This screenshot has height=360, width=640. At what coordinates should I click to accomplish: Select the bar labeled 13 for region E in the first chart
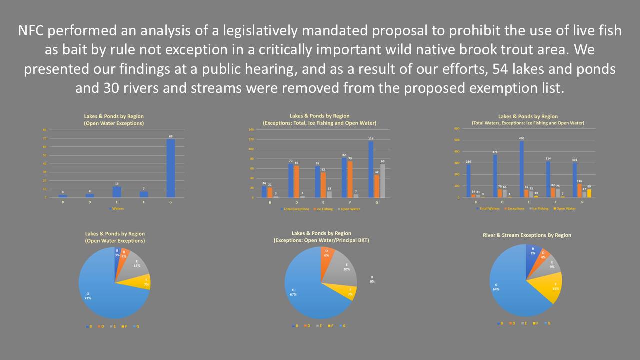117,192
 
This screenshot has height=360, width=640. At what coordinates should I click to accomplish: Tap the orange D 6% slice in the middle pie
327,255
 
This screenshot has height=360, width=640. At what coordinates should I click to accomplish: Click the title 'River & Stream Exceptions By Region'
527,235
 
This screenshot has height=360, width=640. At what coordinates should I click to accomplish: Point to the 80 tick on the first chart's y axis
45,130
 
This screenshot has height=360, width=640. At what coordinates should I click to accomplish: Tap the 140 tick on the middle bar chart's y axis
251,129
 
